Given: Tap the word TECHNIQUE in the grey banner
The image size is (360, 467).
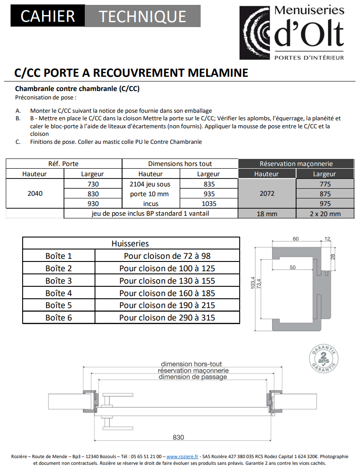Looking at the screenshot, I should point(142,16).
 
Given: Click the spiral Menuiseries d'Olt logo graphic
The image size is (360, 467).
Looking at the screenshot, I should point(256,33).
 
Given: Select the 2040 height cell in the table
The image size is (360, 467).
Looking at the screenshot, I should point(35,194).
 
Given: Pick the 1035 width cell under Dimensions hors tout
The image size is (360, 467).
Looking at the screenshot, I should point(208,204).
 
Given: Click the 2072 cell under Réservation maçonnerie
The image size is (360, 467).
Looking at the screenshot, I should point(266,194).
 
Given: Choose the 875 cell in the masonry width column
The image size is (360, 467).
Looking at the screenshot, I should point(324,194).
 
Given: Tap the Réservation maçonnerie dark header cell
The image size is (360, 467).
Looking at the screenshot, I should point(296,164).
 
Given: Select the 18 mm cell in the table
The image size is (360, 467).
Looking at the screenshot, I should point(266,214).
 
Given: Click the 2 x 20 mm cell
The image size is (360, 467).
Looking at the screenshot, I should point(324,214).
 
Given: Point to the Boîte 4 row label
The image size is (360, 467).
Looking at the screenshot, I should point(59,293).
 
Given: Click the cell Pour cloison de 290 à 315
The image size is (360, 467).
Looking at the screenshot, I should point(167,318).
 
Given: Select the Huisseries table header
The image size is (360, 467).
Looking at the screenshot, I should point(131,244).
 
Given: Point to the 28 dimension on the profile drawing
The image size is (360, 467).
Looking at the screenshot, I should point(333,257).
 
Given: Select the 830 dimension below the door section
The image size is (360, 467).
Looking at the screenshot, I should point(178,437).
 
